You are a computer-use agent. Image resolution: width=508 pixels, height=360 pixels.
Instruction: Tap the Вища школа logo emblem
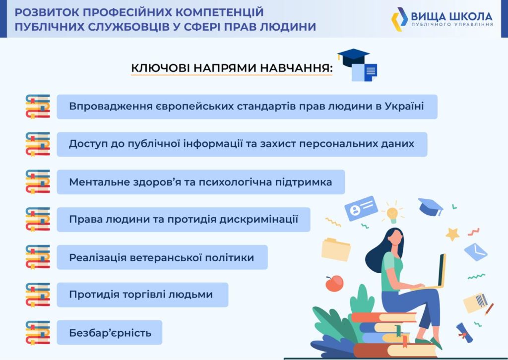click(x=399, y=19)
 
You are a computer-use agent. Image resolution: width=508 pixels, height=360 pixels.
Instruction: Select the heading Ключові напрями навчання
click(x=232, y=68)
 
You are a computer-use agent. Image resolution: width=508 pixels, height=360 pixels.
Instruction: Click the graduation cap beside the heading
click(x=353, y=57)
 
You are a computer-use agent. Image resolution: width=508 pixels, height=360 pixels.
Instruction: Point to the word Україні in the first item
click(x=404, y=106)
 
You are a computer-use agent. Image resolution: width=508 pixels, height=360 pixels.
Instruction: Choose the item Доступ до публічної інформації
click(x=242, y=144)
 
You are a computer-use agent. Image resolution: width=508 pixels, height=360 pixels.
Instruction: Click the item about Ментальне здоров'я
click(x=201, y=182)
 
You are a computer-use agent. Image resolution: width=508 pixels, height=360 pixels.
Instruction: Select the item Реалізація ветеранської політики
click(x=162, y=257)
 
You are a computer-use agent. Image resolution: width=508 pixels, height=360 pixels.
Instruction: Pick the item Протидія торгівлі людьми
click(x=142, y=295)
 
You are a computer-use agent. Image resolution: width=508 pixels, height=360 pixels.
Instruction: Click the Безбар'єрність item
click(x=110, y=333)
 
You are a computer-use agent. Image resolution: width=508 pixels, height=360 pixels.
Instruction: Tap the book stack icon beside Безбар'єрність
click(x=38, y=333)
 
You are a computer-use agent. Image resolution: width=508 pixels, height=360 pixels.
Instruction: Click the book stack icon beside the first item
click(x=38, y=107)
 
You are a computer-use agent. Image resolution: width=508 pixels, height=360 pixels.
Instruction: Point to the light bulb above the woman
click(x=392, y=214)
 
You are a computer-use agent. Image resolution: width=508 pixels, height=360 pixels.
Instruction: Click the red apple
click(x=334, y=283)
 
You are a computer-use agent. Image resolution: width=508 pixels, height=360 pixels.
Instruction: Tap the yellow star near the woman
click(x=452, y=234)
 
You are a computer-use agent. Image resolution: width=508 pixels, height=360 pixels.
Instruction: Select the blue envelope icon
click(x=476, y=251)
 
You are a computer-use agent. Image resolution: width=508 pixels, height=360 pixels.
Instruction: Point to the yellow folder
click(x=336, y=249)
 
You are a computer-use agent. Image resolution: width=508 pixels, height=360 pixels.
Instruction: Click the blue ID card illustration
click(x=361, y=208)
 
